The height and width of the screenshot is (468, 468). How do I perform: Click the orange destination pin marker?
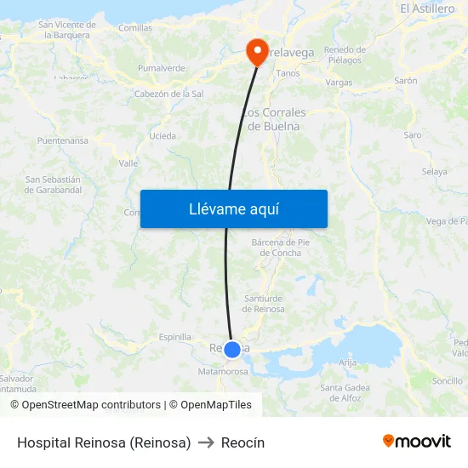tap(256, 51)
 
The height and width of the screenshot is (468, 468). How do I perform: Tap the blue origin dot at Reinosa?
tap(232, 349)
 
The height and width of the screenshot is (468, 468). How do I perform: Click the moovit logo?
tap(416, 442)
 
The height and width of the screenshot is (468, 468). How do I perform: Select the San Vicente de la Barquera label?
tap(66, 30)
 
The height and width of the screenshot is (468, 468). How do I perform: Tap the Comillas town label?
tap(135, 28)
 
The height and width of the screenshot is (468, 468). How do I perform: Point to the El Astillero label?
tap(427, 9)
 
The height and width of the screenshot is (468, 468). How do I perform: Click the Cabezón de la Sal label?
tap(168, 94)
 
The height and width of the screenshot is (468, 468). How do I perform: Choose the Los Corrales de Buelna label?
tap(275, 119)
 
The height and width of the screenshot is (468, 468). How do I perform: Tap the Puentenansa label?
tap(63, 140)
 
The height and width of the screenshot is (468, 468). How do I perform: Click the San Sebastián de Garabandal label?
tap(53, 185)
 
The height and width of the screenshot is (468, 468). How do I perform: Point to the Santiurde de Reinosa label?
tap(265, 303)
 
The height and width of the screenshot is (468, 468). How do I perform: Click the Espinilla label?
tap(175, 337)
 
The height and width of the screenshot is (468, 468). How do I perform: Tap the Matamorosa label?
tap(223, 371)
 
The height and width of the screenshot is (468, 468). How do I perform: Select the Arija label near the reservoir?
tap(347, 362)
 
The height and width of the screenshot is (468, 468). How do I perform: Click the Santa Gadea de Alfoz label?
tap(345, 392)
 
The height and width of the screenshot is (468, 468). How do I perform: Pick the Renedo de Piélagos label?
tap(345, 54)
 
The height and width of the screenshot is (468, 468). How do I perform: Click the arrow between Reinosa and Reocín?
tap(206, 442)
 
